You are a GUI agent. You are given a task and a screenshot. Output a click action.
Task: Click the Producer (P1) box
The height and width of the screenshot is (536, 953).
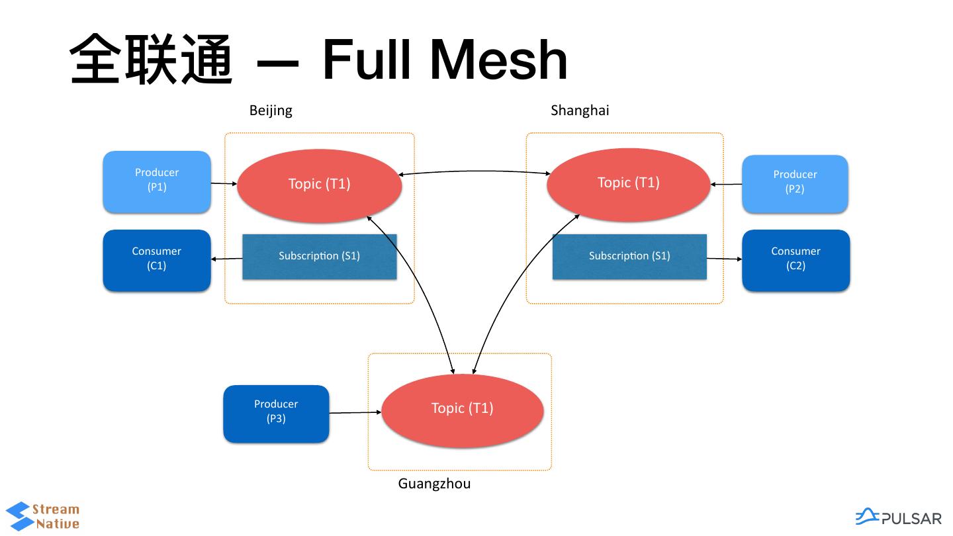(x=157, y=181)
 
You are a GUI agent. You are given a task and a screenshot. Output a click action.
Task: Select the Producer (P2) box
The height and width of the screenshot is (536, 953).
(x=795, y=183)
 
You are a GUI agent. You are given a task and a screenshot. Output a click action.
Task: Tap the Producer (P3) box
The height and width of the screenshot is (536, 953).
(x=276, y=413)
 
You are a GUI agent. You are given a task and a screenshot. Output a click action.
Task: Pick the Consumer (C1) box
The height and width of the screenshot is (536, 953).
(x=157, y=259)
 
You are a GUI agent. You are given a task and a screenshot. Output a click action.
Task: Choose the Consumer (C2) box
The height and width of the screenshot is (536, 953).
(x=795, y=259)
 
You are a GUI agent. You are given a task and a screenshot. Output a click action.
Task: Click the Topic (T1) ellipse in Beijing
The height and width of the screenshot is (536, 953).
(x=319, y=185)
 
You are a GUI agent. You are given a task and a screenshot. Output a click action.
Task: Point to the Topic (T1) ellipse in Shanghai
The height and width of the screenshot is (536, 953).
(x=629, y=184)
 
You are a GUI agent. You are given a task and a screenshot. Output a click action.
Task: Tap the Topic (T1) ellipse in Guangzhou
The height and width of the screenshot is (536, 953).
(x=463, y=410)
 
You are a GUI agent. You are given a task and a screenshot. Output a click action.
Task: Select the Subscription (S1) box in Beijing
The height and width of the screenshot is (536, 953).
(x=320, y=256)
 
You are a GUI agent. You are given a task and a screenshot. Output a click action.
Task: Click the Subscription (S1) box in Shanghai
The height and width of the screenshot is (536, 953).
(x=629, y=256)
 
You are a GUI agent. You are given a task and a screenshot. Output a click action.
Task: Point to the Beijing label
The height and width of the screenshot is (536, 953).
(x=271, y=111)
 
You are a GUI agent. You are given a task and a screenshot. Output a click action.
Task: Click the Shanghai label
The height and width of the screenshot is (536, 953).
(x=580, y=111)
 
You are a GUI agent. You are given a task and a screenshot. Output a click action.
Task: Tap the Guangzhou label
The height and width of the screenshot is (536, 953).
(x=434, y=484)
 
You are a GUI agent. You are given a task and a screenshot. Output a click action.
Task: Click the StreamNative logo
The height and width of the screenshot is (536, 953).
(x=42, y=517)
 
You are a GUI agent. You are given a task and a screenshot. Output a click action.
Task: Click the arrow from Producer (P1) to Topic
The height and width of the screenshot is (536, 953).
(x=224, y=183)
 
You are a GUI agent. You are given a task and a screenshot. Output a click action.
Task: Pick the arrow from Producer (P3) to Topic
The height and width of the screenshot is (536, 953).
(x=355, y=413)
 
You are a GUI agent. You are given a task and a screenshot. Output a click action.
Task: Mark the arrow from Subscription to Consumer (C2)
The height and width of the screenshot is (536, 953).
(x=724, y=258)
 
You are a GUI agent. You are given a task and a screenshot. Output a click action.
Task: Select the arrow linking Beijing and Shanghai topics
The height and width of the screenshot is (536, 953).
(x=474, y=171)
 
